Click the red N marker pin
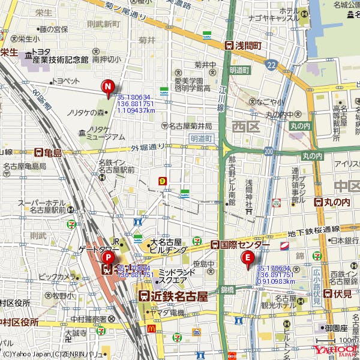coord(108,89)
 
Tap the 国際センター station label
coord(239,245)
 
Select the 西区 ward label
coord(245,125)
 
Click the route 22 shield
coord(272,64)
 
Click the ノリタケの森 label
coord(86,112)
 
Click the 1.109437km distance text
coord(136,110)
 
